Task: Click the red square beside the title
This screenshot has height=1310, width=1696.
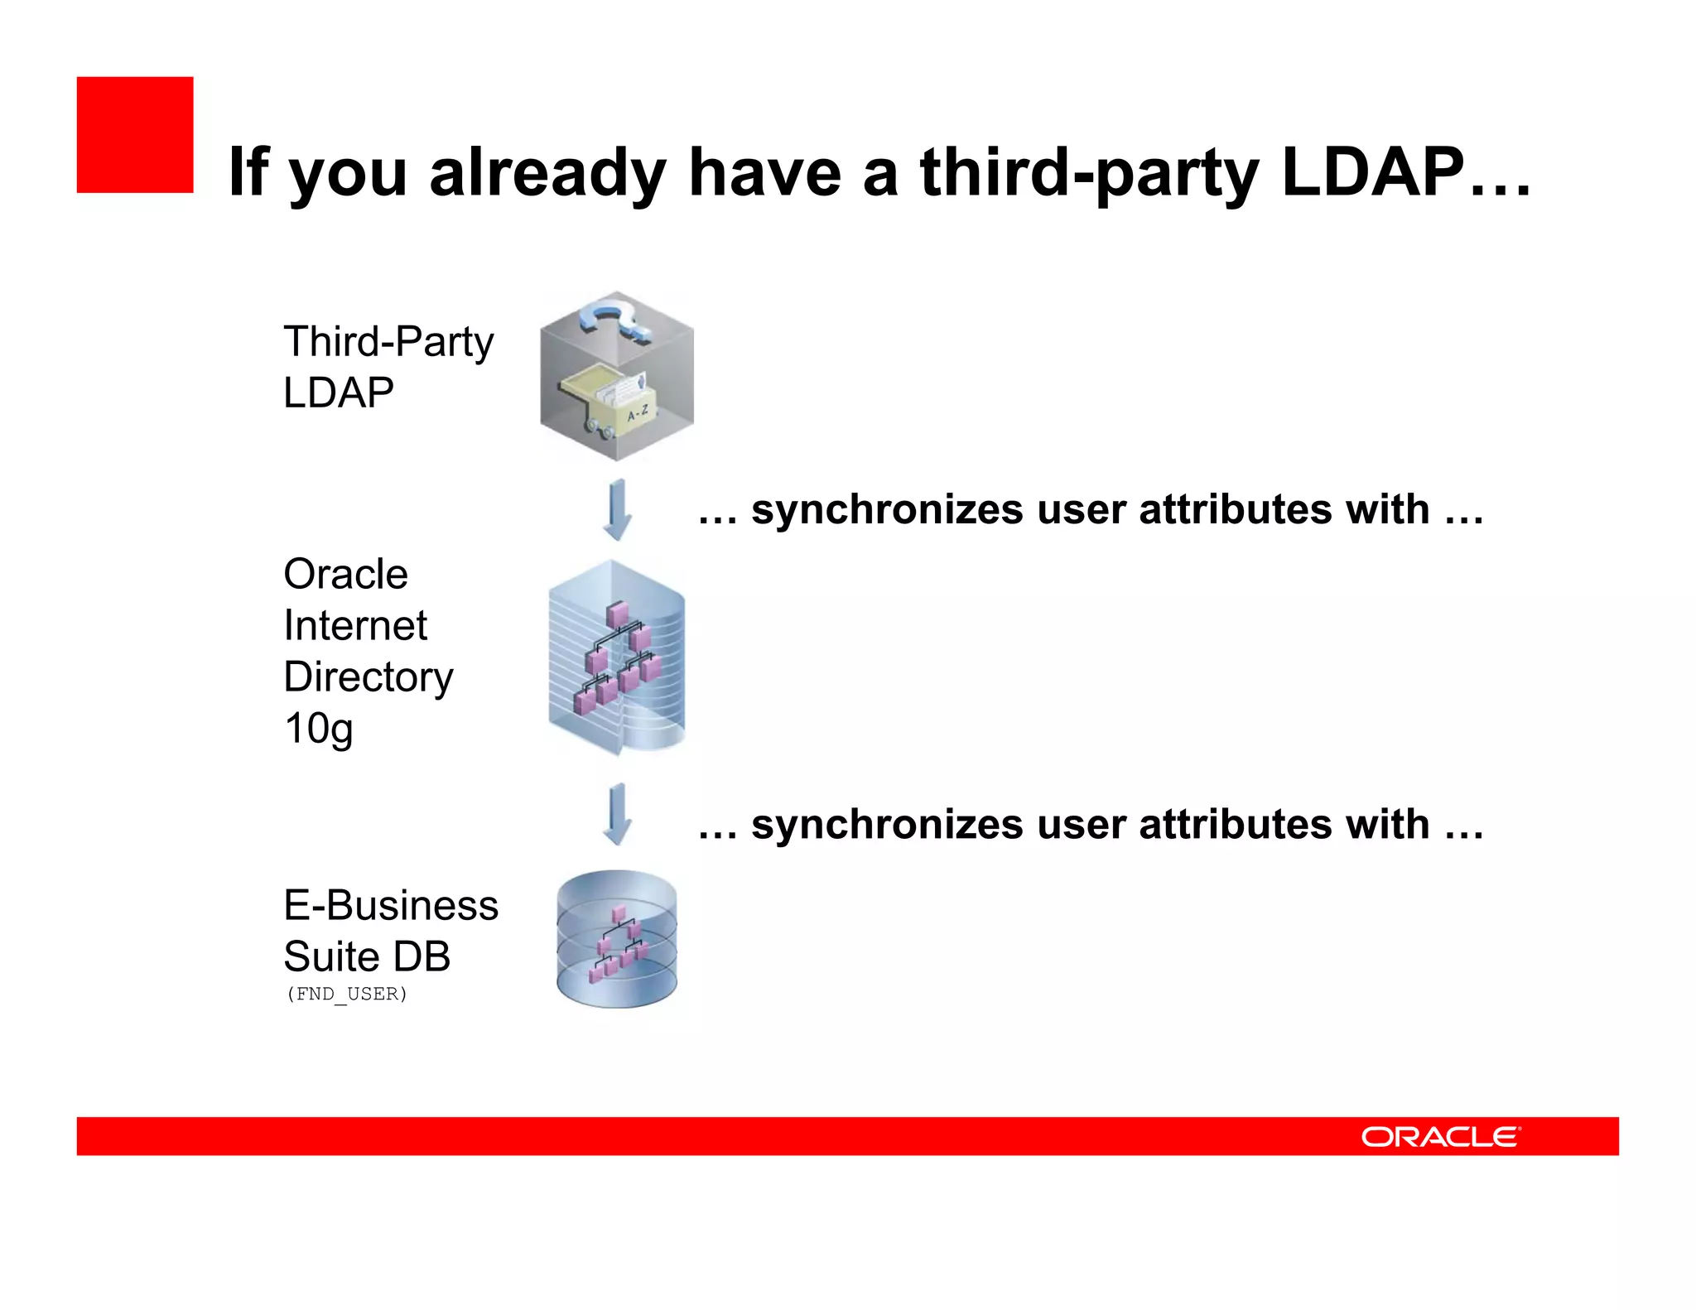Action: point(135,135)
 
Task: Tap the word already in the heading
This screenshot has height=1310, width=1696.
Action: point(547,172)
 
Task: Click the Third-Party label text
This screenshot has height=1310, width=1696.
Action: point(388,341)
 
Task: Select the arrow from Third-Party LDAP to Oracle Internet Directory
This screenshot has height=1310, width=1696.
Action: point(617,508)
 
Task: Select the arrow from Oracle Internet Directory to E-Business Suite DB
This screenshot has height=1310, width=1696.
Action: point(617,813)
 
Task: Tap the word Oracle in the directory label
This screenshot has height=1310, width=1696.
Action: point(345,574)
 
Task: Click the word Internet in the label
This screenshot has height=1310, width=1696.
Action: point(354,625)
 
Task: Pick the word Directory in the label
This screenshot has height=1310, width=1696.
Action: point(368,677)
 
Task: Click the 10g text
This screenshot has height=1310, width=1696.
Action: point(318,729)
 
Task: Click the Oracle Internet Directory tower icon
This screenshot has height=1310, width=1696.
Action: point(617,657)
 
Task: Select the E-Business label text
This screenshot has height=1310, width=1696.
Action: point(390,905)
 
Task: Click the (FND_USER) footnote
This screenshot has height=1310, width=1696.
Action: point(346,994)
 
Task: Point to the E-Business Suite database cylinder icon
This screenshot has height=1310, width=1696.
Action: point(617,938)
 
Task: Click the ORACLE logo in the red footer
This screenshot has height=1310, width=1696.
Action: point(1440,1137)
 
